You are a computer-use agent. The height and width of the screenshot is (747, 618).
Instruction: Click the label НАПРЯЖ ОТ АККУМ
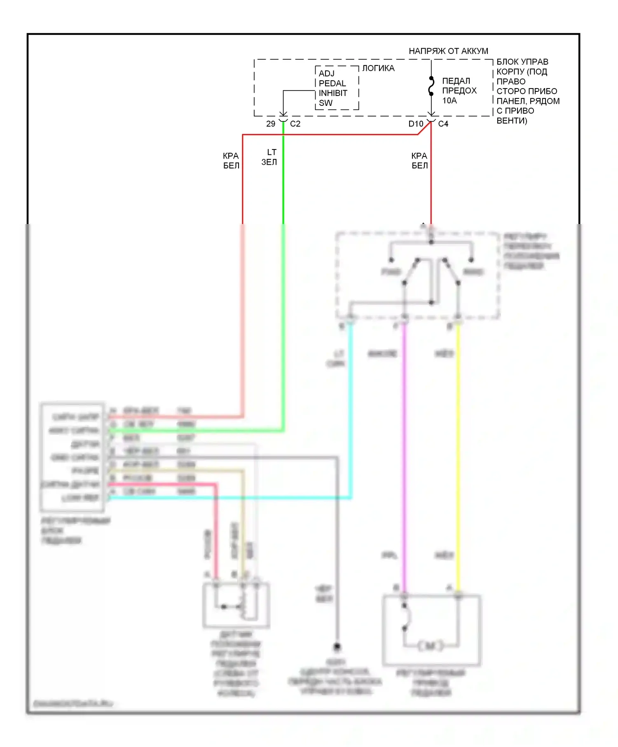coord(448,51)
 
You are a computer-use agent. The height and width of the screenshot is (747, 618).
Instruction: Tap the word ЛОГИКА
coord(378,68)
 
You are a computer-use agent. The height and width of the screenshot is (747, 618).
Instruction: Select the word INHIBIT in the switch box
coord(333,93)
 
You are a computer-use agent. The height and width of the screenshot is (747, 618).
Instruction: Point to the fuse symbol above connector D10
coord(431,86)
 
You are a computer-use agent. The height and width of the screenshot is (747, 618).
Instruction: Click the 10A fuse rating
coord(449,100)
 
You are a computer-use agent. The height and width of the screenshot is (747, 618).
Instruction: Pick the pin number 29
coord(271,124)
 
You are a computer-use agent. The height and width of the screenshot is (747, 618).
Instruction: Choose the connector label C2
coord(295,124)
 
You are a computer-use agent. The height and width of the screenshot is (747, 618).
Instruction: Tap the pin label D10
coord(416,124)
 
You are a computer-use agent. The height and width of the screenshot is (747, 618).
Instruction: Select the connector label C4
coord(443,124)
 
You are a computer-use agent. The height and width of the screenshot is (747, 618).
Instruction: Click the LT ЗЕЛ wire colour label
coord(269,157)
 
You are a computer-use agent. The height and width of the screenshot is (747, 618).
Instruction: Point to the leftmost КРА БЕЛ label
coord(231,161)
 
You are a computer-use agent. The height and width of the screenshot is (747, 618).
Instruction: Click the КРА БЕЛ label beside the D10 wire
coord(419,161)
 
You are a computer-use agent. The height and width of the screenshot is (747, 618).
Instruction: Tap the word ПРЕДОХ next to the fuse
coord(459,91)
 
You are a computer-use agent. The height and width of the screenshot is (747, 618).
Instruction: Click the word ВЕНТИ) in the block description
coord(512,121)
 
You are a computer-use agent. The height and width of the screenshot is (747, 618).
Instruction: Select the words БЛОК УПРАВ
coord(522,62)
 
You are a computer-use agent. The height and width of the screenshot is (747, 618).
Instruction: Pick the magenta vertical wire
coord(404,453)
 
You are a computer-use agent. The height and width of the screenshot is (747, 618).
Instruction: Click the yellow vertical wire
coord(458,453)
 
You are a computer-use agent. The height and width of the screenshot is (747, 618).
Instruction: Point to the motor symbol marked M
coord(430,646)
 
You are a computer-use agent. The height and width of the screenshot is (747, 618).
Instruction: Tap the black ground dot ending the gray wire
coord(337,647)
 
